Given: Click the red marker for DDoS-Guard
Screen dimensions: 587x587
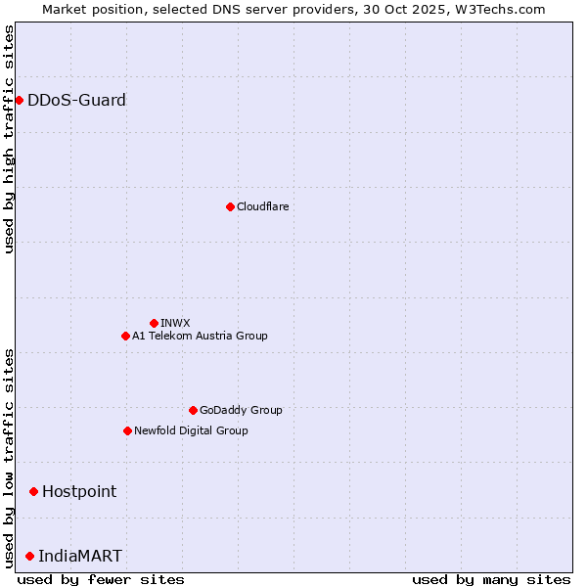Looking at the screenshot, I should click(x=19, y=100).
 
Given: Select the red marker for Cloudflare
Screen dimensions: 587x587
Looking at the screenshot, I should click(x=230, y=206).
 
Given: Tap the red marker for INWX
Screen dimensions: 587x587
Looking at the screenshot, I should click(x=154, y=323).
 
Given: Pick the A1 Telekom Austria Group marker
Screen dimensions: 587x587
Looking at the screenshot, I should click(x=125, y=336).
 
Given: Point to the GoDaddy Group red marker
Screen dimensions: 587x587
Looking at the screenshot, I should click(x=193, y=410).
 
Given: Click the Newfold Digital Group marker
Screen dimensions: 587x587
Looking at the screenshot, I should click(x=127, y=430).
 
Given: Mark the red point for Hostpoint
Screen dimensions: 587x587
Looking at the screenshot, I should click(x=33, y=491).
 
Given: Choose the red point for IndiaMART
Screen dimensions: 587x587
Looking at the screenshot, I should click(x=29, y=556).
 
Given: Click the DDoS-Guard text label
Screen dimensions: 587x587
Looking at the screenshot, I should click(x=76, y=100).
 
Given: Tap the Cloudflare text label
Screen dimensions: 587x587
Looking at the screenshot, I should click(x=263, y=206).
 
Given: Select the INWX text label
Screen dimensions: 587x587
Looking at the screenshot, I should click(x=175, y=323).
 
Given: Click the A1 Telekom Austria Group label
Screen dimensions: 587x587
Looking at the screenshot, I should click(x=200, y=336).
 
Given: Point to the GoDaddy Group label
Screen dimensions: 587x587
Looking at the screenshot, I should click(x=241, y=410).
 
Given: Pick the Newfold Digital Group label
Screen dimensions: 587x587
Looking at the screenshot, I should click(x=191, y=430).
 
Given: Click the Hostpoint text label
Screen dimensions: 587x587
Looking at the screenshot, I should click(x=79, y=491).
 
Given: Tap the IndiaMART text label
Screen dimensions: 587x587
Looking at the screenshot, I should click(x=80, y=556).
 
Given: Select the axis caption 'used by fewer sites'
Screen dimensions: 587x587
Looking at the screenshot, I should click(x=101, y=579).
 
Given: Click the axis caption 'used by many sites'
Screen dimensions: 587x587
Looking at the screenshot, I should click(x=491, y=579).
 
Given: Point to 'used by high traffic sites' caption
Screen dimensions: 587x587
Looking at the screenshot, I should click(x=9, y=139).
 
